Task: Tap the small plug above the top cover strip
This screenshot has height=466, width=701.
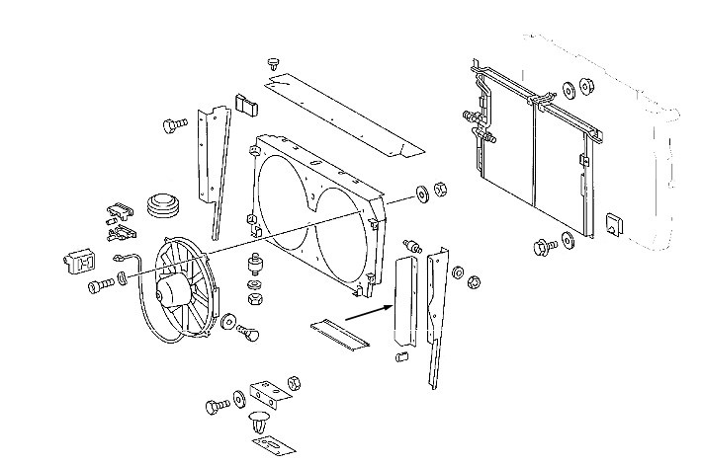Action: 274,62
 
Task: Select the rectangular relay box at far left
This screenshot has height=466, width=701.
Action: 81,260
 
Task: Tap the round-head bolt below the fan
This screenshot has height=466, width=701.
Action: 248,335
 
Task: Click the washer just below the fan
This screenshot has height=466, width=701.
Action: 229,321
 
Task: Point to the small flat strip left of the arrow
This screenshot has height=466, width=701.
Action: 338,334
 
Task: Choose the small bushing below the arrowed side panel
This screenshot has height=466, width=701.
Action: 402,355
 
